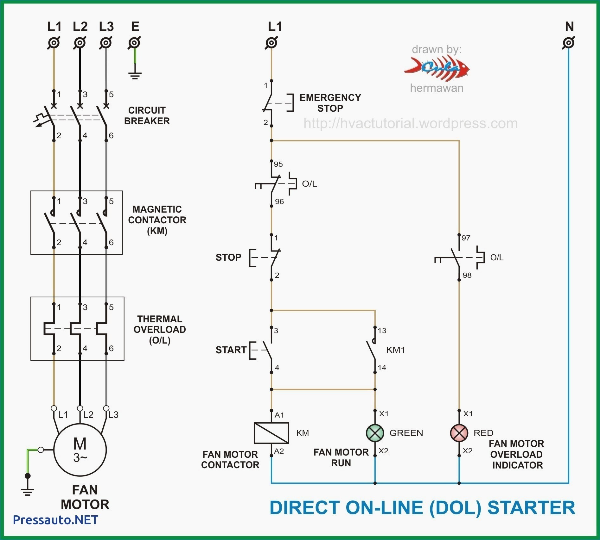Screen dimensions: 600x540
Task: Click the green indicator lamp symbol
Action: tap(375, 433)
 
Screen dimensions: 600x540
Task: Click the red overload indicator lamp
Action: tap(459, 433)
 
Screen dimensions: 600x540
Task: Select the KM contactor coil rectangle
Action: tap(271, 433)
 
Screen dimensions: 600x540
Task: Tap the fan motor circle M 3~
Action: tap(80, 450)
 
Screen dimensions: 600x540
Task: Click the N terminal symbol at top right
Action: tap(569, 43)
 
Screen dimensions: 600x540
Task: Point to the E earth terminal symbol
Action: tap(135, 43)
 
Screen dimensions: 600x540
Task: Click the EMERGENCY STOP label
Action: tap(330, 103)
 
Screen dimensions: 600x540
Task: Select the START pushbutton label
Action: tap(231, 350)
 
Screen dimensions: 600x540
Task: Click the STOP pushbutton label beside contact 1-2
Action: tap(228, 257)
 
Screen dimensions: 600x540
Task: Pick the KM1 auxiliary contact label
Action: tap(396, 350)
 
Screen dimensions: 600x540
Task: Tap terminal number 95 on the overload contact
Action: tap(278, 164)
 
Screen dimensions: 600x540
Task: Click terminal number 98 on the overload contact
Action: tap(467, 275)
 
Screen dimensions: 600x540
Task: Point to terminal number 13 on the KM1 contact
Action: tap(382, 331)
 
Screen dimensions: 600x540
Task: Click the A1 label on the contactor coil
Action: tap(279, 415)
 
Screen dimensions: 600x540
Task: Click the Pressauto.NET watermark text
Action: tap(55, 520)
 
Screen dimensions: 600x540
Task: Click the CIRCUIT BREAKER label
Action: tap(147, 115)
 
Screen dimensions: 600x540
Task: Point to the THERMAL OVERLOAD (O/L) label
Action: tap(160, 329)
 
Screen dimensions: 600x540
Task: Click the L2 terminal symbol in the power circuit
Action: tap(80, 43)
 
